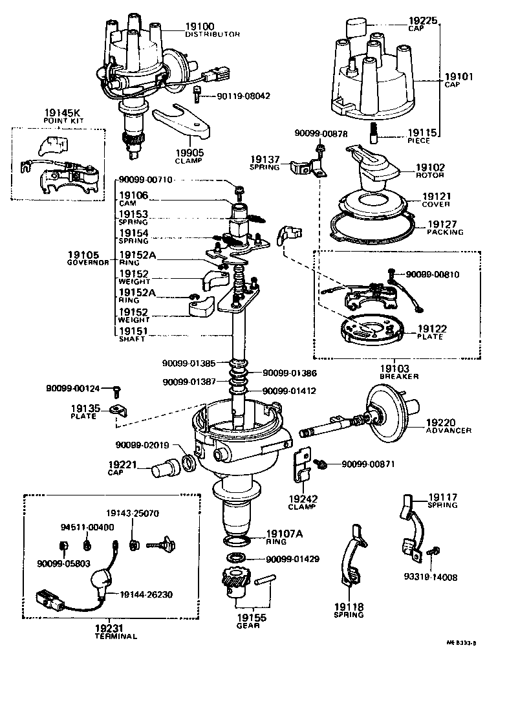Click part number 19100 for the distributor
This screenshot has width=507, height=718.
point(200,27)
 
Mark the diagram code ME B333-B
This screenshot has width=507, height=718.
point(460,644)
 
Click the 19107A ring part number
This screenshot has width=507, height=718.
point(285,534)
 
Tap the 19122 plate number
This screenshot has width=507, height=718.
point(431,329)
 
